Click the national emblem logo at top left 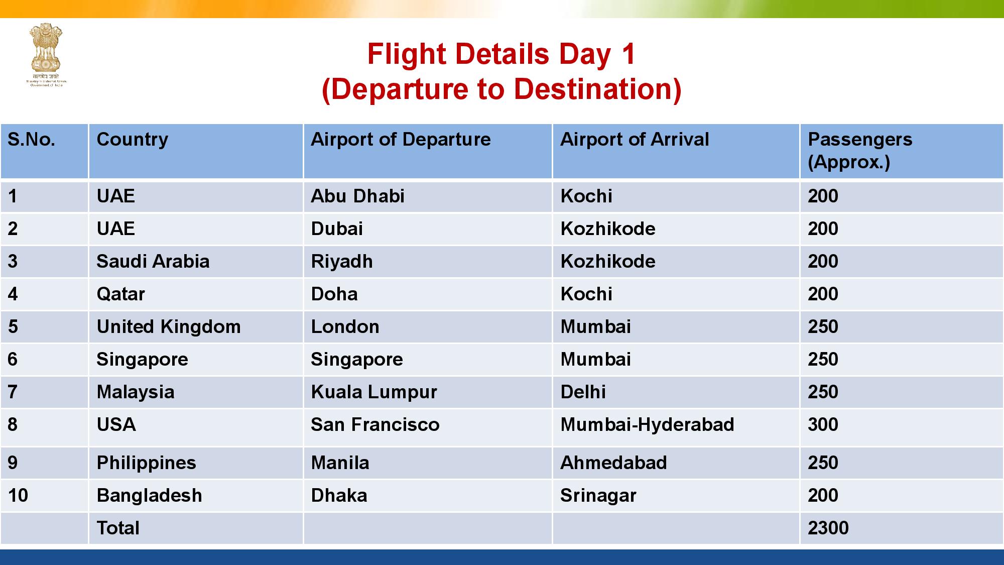46,54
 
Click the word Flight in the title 408,54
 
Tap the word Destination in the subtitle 592,89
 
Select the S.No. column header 31,139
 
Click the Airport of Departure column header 401,139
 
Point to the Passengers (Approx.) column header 860,150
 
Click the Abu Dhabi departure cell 357,196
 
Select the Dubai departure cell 337,229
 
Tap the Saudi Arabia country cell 153,261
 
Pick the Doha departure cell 334,294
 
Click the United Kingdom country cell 169,326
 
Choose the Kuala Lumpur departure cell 374,392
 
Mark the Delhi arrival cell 583,392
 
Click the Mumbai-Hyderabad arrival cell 647,424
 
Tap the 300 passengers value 823,424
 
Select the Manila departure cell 340,463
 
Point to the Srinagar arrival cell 598,495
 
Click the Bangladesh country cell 149,495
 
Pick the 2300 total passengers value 828,528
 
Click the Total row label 118,528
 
